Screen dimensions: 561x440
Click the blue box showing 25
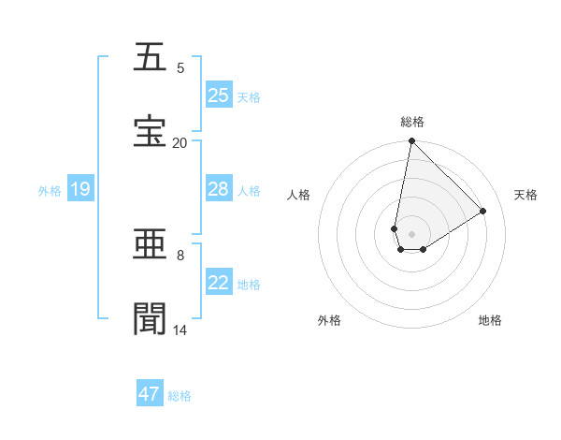coord(219,95)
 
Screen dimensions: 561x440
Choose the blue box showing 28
coord(219,189)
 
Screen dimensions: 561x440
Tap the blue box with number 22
coord(219,283)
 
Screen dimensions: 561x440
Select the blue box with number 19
coord(80,189)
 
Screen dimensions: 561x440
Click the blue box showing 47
coord(150,394)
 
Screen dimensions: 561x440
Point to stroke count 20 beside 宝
coord(180,142)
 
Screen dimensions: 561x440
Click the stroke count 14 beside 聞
coord(180,330)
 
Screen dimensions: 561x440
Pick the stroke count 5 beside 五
coord(180,67)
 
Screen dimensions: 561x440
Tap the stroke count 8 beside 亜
coord(180,255)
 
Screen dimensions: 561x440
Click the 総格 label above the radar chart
coord(411,122)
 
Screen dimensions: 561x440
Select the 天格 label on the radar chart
coord(525,195)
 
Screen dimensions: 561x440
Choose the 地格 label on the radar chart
coord(490,320)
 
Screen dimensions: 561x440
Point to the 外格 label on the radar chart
coord(329,320)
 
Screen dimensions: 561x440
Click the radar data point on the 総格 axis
coord(411,141)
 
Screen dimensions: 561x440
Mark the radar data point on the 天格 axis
coord(482,212)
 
